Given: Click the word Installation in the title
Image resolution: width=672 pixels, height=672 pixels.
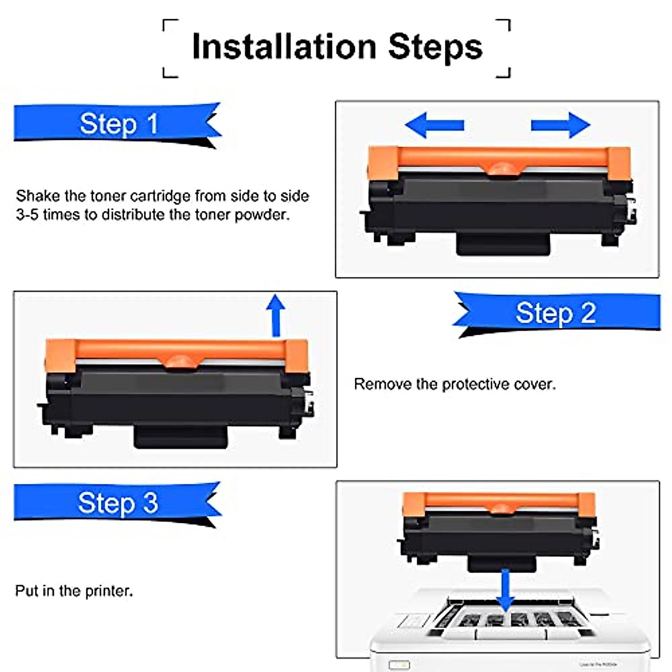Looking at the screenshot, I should pyautogui.click(x=283, y=46).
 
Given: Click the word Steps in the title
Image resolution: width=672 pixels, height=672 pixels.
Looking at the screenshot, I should pyautogui.click(x=435, y=46).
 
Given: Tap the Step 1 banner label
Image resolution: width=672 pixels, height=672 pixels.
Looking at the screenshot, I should pyautogui.click(x=118, y=124).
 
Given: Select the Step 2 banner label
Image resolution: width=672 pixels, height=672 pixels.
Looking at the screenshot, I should pyautogui.click(x=556, y=313).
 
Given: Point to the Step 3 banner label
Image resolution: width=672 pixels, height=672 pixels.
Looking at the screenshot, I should pyautogui.click(x=118, y=503).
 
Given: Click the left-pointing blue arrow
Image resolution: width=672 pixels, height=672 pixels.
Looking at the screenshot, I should pyautogui.click(x=435, y=125).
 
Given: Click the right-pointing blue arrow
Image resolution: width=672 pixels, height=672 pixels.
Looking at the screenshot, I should pyautogui.click(x=561, y=125).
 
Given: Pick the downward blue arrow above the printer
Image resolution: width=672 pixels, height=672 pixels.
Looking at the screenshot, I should pyautogui.click(x=505, y=591).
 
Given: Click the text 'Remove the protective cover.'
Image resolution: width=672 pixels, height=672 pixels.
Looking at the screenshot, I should pyautogui.click(x=455, y=384).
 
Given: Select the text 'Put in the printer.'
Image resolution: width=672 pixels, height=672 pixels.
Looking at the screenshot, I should pyautogui.click(x=74, y=591).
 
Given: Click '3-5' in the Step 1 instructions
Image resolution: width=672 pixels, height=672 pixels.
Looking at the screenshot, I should pyautogui.click(x=27, y=215).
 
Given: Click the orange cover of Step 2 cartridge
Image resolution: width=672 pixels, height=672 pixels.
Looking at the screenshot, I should pyautogui.click(x=176, y=351).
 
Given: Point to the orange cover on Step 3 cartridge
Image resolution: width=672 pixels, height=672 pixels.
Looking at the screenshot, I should pyautogui.click(x=498, y=502).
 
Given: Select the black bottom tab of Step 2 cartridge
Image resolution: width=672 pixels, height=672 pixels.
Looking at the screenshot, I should pyautogui.click(x=180, y=436).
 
